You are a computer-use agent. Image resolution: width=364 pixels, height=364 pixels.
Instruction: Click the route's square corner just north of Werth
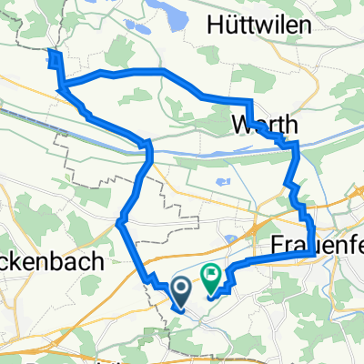pyautogui.click(x=249, y=101)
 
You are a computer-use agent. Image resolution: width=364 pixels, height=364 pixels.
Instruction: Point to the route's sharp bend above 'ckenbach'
pyautogui.click(x=119, y=220)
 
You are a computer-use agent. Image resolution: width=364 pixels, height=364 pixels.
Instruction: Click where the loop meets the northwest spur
pyautogui.click(x=62, y=86)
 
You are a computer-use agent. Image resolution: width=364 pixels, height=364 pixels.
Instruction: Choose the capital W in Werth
pyautogui.click(x=241, y=122)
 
